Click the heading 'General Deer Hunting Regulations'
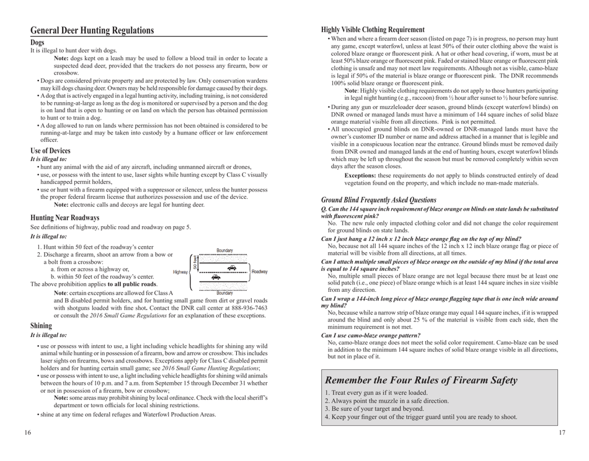(92, 30)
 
